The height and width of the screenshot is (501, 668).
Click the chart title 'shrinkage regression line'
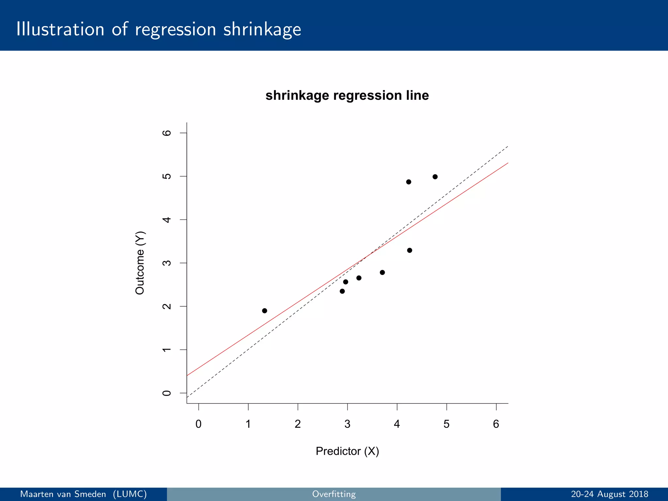click(x=347, y=96)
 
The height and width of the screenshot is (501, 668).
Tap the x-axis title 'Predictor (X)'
click(x=347, y=451)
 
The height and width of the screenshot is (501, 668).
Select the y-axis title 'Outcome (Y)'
click(x=140, y=263)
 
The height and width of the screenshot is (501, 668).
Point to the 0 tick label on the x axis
click(x=198, y=424)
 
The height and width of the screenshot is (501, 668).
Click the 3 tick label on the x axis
click(x=347, y=424)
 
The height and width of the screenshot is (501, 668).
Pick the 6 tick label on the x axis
click(x=496, y=424)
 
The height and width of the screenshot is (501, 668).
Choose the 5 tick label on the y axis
click(x=167, y=176)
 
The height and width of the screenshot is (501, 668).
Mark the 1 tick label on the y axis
click(x=167, y=350)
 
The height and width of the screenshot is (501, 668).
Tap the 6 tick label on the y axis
click(x=167, y=133)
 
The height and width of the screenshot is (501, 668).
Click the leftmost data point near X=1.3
click(x=265, y=311)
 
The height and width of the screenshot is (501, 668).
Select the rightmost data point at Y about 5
click(x=435, y=177)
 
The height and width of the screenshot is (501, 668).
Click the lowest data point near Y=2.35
click(x=342, y=291)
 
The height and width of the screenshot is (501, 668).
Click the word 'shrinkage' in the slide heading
click(x=262, y=29)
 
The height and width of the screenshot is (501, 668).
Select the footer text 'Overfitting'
click(x=334, y=494)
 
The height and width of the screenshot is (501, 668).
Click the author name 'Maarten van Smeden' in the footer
click(x=63, y=494)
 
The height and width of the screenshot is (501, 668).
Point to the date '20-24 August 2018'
click(x=609, y=494)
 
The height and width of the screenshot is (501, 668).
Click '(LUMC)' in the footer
click(x=130, y=494)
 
